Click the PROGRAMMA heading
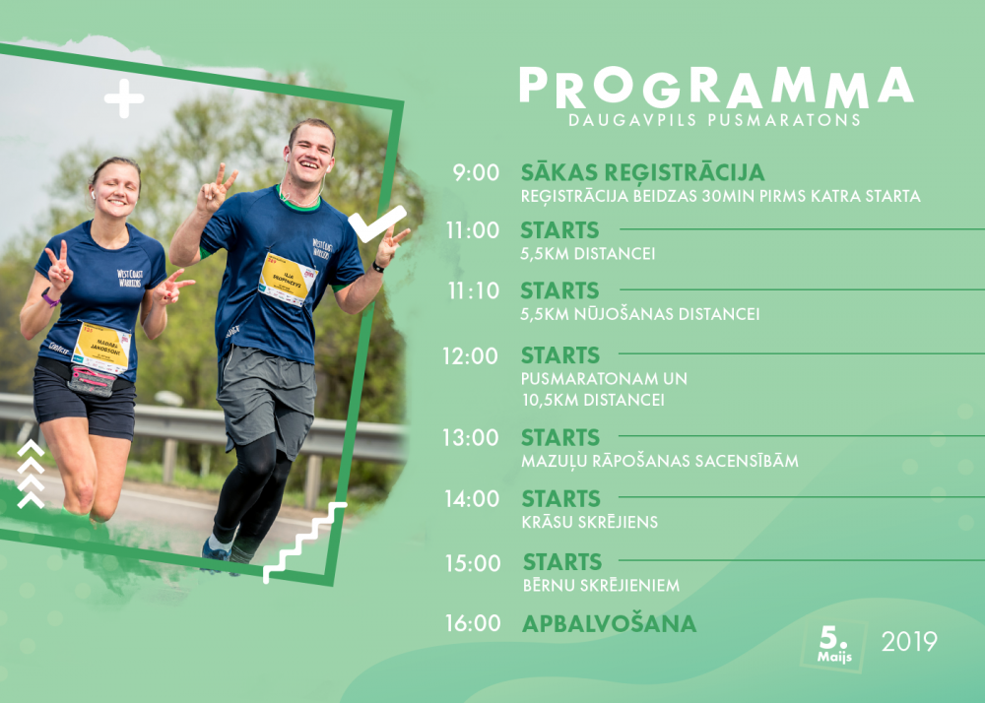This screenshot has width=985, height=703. [x=716, y=88]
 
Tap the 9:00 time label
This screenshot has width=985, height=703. [x=476, y=172]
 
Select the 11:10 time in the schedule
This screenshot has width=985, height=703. [x=473, y=290]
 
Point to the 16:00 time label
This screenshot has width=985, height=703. [x=473, y=623]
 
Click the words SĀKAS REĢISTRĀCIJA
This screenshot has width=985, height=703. [x=642, y=172]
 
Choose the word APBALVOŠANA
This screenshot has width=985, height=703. [x=610, y=623]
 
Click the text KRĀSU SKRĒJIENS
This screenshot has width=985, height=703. [x=590, y=522]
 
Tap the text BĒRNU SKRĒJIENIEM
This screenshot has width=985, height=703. [x=601, y=585]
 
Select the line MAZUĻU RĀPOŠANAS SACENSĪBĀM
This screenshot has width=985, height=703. [x=660, y=461]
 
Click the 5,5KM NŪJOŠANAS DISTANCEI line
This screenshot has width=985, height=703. [x=639, y=314]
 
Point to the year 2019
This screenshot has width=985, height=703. [x=909, y=642]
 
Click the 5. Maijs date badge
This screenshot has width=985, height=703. [x=834, y=645]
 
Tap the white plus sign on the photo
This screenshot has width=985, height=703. [x=124, y=98]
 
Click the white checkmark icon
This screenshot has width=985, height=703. [x=377, y=224]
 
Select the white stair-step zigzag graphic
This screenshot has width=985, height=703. [x=304, y=542]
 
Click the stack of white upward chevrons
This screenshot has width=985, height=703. [x=31, y=475]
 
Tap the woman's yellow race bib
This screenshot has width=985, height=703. [x=101, y=348]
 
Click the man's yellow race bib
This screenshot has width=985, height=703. [x=288, y=279]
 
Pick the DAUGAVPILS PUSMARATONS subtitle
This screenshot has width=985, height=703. [x=714, y=120]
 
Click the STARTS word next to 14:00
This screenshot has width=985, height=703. [x=561, y=499]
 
